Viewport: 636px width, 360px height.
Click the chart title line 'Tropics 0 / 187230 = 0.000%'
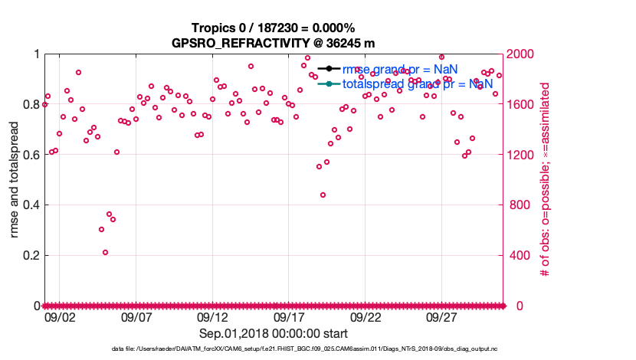[x=274, y=28]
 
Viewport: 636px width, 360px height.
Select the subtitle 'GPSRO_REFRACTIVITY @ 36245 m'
[x=274, y=43]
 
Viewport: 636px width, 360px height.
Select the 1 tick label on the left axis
[x=36, y=54]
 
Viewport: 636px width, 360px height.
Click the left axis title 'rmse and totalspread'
[x=15, y=179]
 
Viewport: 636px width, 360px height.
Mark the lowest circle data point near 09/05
[x=105, y=252]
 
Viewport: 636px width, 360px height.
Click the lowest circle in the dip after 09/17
[x=323, y=195]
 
